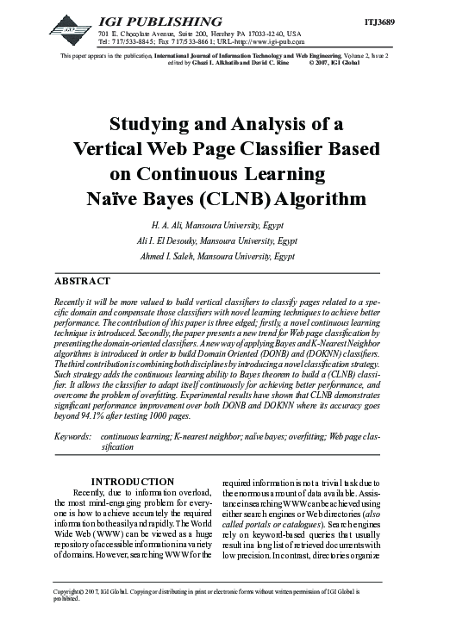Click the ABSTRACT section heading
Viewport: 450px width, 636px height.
83,282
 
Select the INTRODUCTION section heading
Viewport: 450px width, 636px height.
134,482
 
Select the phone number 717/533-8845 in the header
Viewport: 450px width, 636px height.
125,41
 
